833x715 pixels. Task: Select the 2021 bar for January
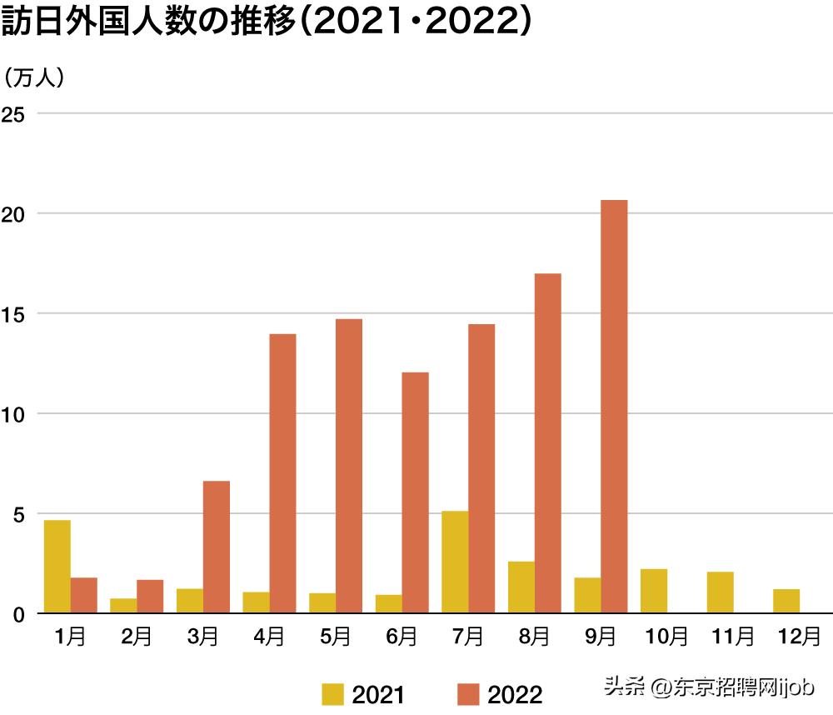(57, 567)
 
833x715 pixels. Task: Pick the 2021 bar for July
(455, 562)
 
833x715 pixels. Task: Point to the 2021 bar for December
(786, 601)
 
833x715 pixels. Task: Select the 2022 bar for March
(217, 547)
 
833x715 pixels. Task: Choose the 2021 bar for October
(654, 591)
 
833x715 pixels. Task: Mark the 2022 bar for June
(415, 492)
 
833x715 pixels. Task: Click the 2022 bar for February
(150, 597)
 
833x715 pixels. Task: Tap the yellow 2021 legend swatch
(332, 694)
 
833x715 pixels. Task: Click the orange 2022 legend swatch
(468, 694)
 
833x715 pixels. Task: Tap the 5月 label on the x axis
(335, 637)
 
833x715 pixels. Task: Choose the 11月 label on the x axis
(733, 637)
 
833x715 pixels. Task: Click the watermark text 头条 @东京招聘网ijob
(708, 687)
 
